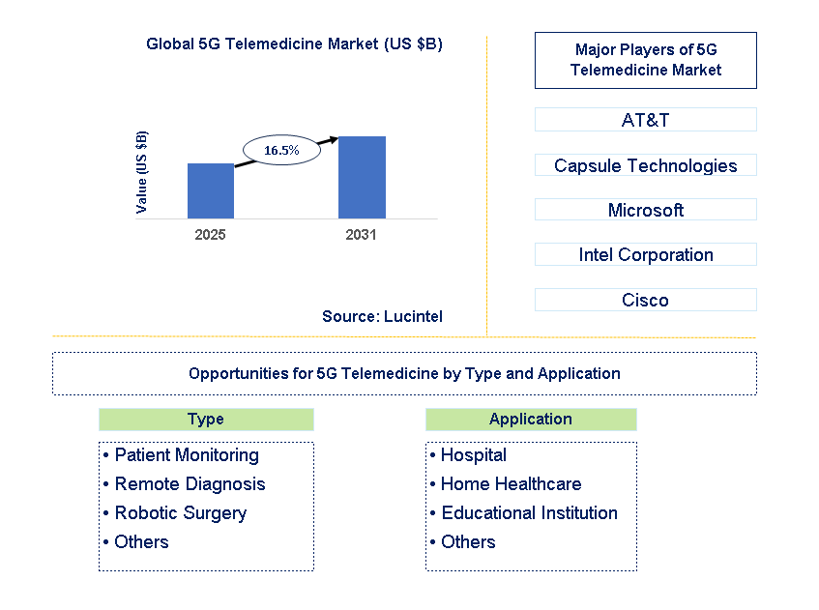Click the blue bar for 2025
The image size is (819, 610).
(x=210, y=190)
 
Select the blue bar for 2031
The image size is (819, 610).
(x=362, y=177)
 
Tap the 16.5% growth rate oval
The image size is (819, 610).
(x=281, y=150)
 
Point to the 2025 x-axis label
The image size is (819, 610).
(x=210, y=235)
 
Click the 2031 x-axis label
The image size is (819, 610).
(x=361, y=235)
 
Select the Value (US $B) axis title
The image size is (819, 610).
(x=142, y=172)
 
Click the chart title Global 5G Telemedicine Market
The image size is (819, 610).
(x=294, y=44)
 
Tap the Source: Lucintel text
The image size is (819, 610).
(x=382, y=316)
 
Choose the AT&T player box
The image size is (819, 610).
(x=645, y=121)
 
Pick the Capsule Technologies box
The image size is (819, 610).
(x=645, y=165)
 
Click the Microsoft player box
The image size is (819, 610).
(x=645, y=210)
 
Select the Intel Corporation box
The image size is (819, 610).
(x=645, y=254)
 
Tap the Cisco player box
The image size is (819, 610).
(x=645, y=300)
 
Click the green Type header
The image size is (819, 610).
(x=206, y=420)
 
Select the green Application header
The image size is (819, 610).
(x=531, y=420)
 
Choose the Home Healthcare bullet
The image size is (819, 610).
(x=511, y=484)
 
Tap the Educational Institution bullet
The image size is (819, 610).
(x=528, y=513)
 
